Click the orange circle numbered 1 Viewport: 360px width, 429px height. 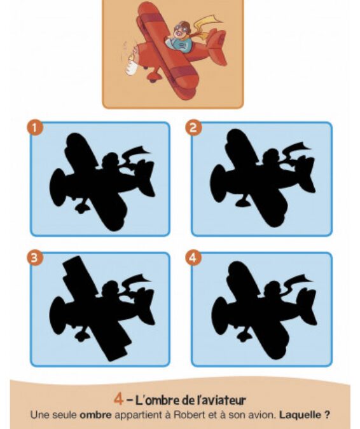pyautogui.click(x=35, y=128)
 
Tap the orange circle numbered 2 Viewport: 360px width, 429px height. pyautogui.click(x=193, y=128)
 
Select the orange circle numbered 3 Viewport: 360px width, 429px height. pyautogui.click(x=34, y=258)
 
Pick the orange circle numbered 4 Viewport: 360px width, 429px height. pyautogui.click(x=193, y=258)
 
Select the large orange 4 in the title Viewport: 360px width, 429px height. pyautogui.click(x=118, y=400)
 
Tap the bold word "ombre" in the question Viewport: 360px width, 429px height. pyautogui.click(x=95, y=415)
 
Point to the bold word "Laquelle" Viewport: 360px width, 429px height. pyautogui.click(x=300, y=415)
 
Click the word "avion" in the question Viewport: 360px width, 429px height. pyautogui.click(x=262, y=415)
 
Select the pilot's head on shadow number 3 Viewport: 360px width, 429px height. pyautogui.click(x=111, y=289)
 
